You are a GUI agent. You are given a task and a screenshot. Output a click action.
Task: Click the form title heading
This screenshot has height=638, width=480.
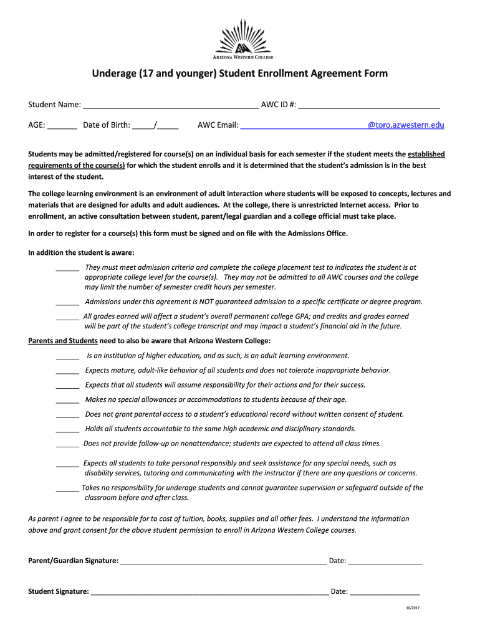(x=240, y=74)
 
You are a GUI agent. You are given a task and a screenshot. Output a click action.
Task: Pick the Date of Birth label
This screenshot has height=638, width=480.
(x=107, y=125)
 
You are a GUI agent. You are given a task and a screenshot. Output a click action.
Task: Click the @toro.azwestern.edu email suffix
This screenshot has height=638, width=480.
(x=406, y=125)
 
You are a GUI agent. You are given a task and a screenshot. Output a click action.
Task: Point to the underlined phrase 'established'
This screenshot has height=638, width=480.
(x=426, y=154)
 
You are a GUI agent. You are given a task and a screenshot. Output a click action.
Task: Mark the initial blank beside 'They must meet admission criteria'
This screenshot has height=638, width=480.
(x=67, y=269)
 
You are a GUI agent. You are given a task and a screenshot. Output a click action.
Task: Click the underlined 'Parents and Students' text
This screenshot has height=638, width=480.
(x=63, y=341)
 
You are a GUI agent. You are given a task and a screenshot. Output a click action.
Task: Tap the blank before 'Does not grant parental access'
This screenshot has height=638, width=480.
(x=67, y=416)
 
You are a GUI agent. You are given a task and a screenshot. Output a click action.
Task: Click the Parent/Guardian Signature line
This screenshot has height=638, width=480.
(x=223, y=562)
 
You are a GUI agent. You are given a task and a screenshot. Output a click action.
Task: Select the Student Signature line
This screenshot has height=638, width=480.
(x=209, y=593)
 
